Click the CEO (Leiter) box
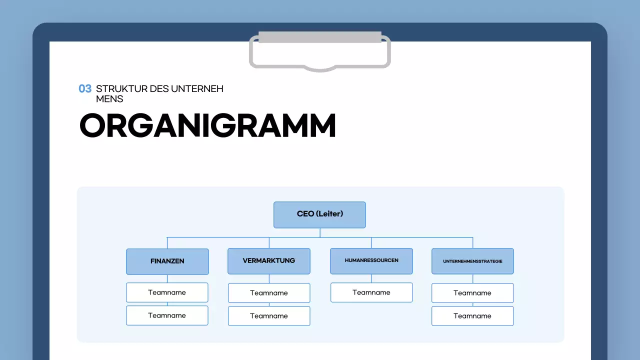pyautogui.click(x=319, y=214)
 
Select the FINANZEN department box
pyautogui.click(x=167, y=261)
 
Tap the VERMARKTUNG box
pyautogui.click(x=269, y=261)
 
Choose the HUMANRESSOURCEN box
pyautogui.click(x=371, y=261)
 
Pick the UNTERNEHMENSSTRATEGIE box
pyautogui.click(x=472, y=261)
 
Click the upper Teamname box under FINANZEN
pyautogui.click(x=167, y=292)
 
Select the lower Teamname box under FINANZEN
pyautogui.click(x=167, y=315)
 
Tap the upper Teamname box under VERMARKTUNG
pyautogui.click(x=269, y=293)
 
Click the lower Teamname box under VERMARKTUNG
pyautogui.click(x=269, y=316)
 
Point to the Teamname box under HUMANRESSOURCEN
pyautogui.click(x=371, y=292)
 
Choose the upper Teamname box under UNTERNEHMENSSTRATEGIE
pyautogui.click(x=472, y=293)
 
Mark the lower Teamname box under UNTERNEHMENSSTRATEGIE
pyautogui.click(x=472, y=316)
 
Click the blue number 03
pyautogui.click(x=85, y=89)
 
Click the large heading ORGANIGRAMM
pyautogui.click(x=207, y=126)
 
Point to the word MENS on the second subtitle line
pyautogui.click(x=109, y=99)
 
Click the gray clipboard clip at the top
pyautogui.click(x=320, y=37)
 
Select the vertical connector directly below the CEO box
pyautogui.click(x=320, y=232)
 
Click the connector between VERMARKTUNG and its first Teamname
pyautogui.click(x=269, y=278)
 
